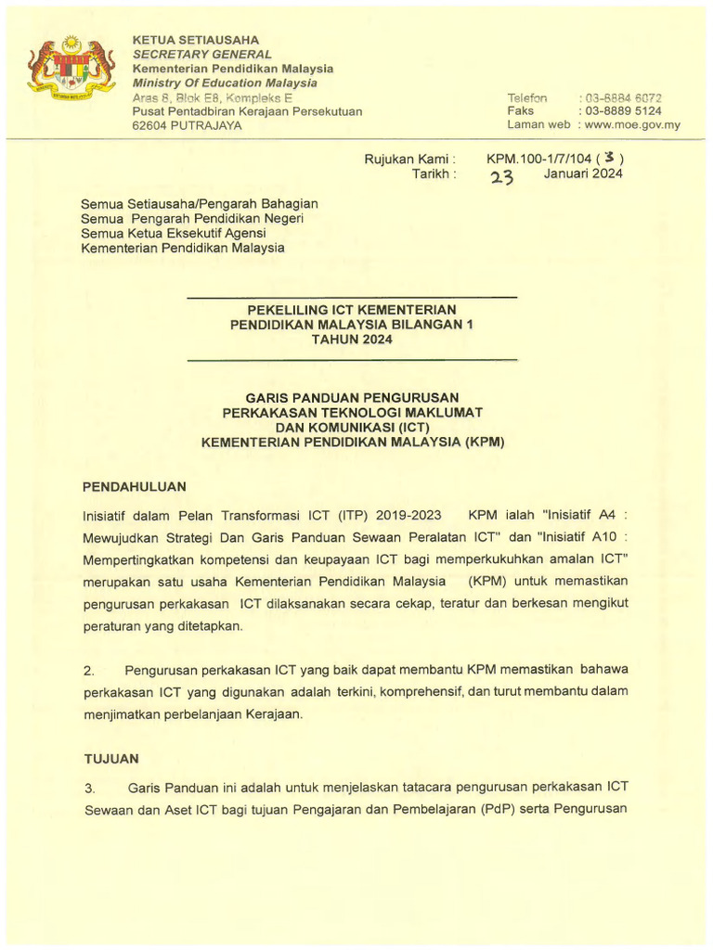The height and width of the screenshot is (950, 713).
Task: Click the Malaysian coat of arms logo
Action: (x=71, y=71)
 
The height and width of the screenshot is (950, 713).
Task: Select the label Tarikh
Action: (x=434, y=173)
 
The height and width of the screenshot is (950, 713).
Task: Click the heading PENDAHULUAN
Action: (x=135, y=485)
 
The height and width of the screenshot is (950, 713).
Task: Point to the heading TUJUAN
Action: (x=111, y=758)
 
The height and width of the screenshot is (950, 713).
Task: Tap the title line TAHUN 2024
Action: (x=352, y=339)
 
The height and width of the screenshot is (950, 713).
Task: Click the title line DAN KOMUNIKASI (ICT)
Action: (x=352, y=427)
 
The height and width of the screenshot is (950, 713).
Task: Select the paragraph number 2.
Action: (x=89, y=669)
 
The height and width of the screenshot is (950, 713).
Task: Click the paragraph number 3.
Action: (x=89, y=789)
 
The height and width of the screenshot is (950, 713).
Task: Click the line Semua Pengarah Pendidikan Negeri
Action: (x=193, y=218)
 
